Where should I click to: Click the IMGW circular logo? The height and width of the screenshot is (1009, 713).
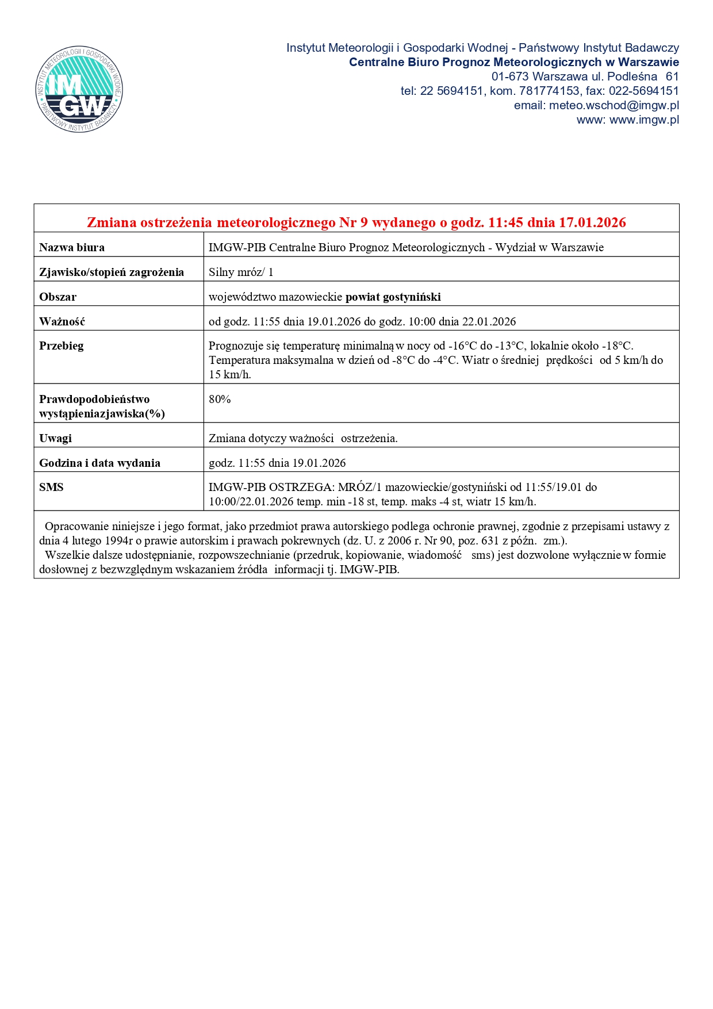click(x=79, y=89)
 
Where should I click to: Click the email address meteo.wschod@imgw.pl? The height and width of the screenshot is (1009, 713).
click(x=614, y=105)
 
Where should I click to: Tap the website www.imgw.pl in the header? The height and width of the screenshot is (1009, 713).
click(x=644, y=120)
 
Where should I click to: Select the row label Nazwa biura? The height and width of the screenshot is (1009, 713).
click(x=72, y=248)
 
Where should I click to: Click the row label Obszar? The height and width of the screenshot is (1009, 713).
click(x=57, y=297)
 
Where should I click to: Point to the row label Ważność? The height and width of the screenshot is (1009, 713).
click(x=62, y=322)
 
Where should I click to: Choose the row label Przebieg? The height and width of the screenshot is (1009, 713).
click(x=62, y=346)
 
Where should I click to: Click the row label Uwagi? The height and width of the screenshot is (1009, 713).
click(x=55, y=439)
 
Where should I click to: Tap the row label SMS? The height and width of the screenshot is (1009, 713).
click(x=51, y=488)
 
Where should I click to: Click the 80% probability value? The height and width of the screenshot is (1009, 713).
click(x=220, y=400)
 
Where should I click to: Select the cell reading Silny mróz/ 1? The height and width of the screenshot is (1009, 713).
click(x=241, y=273)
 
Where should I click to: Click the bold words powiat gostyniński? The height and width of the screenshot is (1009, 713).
click(x=393, y=297)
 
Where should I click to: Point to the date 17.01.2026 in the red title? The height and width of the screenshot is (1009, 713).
click(x=592, y=222)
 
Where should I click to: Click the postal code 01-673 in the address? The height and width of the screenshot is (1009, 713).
click(x=509, y=76)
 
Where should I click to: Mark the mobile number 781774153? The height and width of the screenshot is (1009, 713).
click(x=549, y=91)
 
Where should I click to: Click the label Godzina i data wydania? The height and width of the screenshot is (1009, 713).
click(x=99, y=463)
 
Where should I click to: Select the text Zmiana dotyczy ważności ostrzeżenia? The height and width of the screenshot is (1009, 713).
click(x=303, y=439)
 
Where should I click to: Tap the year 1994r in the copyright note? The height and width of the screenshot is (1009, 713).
click(x=119, y=541)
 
